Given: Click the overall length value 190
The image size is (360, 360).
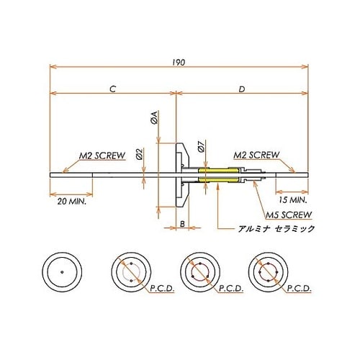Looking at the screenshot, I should [179, 62].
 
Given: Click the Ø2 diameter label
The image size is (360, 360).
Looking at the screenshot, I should [139, 153].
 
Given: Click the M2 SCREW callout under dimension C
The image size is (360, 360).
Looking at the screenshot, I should [101, 155].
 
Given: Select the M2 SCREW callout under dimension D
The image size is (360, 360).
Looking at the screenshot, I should [257, 155].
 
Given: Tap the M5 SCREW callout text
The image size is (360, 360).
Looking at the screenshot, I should [287, 215].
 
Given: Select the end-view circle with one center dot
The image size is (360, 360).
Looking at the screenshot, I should [63, 273].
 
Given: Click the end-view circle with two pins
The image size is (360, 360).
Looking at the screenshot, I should [131, 273].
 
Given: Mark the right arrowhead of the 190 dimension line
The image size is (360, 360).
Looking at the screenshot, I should [307, 67].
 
